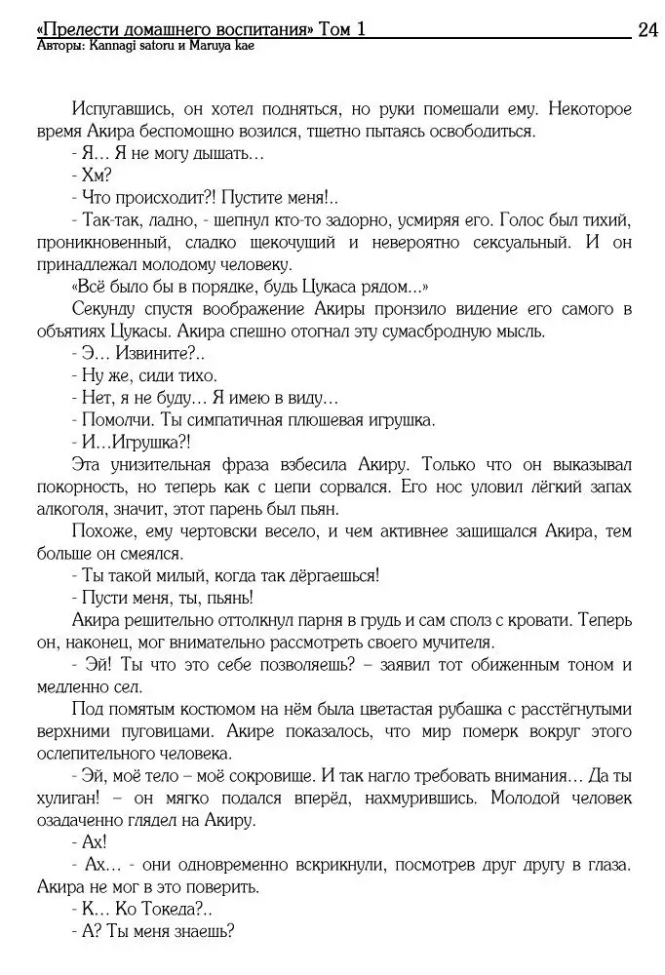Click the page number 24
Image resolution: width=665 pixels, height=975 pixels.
point(647,29)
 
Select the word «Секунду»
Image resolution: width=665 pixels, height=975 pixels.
point(103,309)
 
